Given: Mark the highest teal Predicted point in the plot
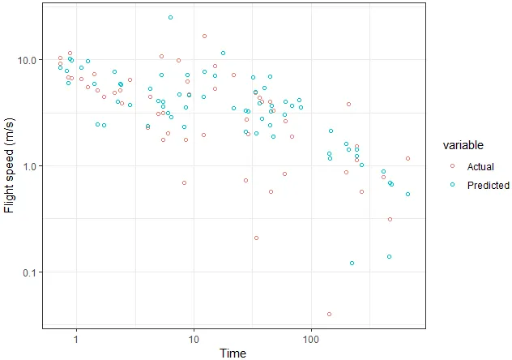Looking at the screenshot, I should point(170,17).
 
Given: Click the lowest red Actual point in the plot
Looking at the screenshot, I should point(329,314).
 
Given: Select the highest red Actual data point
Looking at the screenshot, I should point(204,36).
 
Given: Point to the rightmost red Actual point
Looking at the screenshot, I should point(407,158).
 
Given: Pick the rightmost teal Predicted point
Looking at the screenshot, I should point(407,194).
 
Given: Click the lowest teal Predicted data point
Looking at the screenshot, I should point(390,256).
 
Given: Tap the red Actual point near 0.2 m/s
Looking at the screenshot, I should point(256,238).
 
